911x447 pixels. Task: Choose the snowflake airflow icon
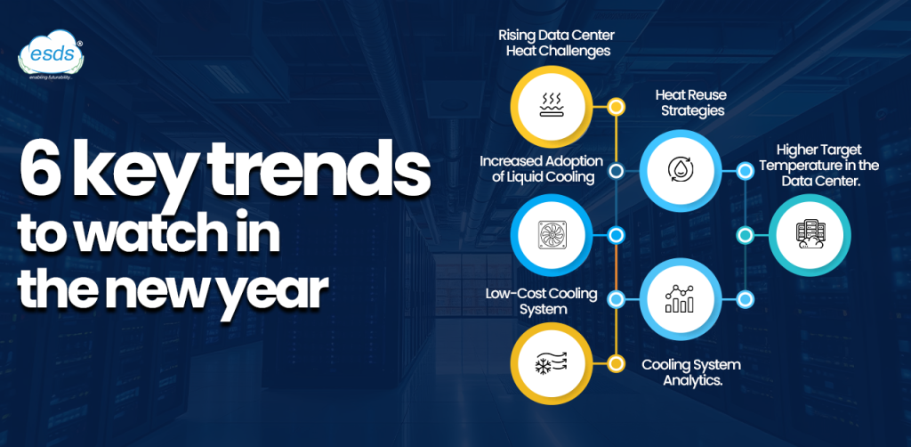[x=552, y=364]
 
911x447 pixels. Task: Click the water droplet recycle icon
[x=680, y=170]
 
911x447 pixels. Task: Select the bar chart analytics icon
[x=680, y=298]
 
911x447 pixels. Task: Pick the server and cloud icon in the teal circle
[x=810, y=234]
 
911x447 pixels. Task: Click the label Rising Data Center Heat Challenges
[x=557, y=43]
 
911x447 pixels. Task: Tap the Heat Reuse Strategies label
[x=691, y=102]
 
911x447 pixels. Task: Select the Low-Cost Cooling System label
[x=541, y=301]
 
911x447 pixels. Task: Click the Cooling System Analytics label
[x=690, y=373]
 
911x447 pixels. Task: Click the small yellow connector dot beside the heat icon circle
[x=616, y=106]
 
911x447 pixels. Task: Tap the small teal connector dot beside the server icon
[x=746, y=235]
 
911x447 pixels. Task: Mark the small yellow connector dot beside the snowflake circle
[x=616, y=364]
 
